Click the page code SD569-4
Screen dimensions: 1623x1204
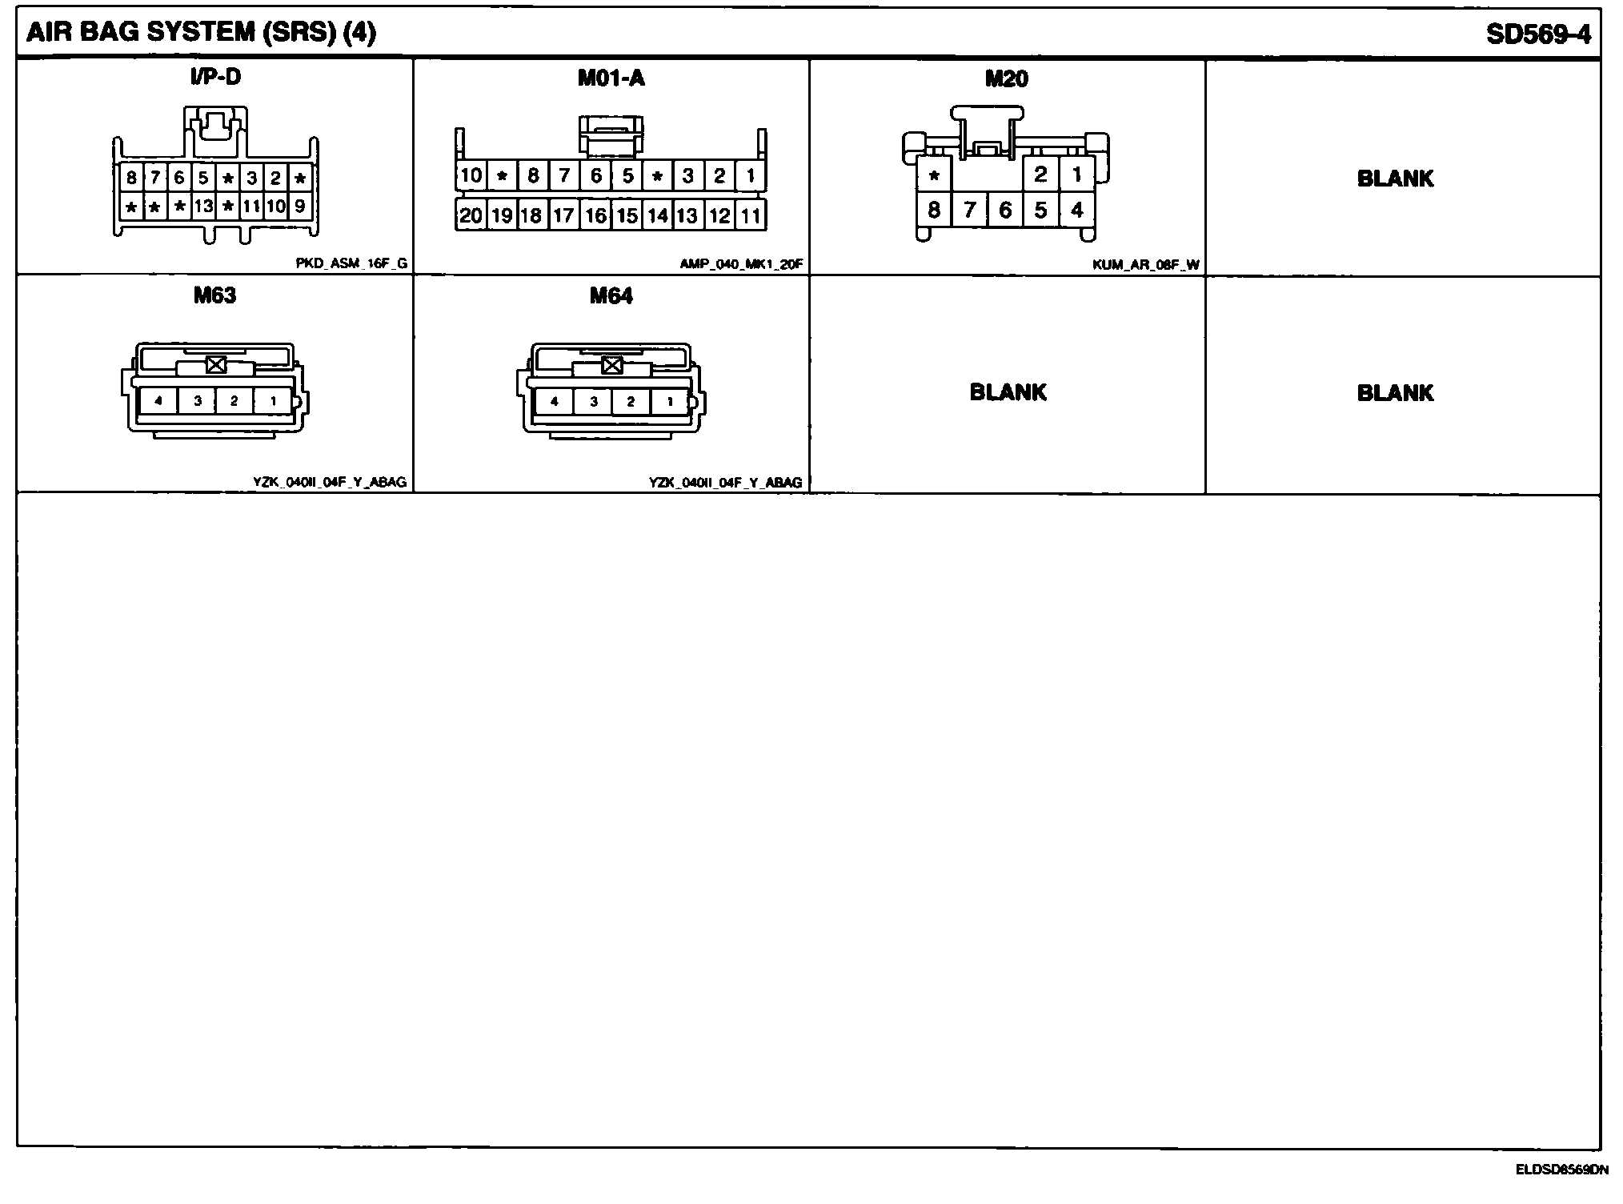(x=1538, y=34)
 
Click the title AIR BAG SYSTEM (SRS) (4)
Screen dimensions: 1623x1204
(x=201, y=33)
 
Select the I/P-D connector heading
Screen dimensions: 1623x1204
(x=215, y=77)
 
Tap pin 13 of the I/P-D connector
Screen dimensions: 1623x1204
(x=203, y=207)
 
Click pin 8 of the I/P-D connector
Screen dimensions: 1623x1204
(x=131, y=178)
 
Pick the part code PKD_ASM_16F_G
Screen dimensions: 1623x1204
(x=351, y=263)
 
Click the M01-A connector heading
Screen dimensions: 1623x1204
(x=611, y=78)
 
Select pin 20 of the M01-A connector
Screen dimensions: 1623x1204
(x=471, y=215)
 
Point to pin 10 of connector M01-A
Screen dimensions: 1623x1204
(x=471, y=175)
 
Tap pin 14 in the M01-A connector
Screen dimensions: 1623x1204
(x=657, y=215)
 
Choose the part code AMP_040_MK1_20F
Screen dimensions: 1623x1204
(x=741, y=263)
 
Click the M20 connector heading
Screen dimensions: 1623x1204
(x=1006, y=78)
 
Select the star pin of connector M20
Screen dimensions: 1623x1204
(x=934, y=175)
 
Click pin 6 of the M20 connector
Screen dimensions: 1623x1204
(x=1005, y=210)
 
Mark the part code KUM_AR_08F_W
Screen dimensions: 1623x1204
(x=1145, y=264)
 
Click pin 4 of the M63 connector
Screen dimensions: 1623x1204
(x=158, y=400)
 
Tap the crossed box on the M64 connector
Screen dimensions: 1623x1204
(x=612, y=365)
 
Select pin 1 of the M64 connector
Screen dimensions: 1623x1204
(x=670, y=401)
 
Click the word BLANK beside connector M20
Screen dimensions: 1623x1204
(x=1395, y=179)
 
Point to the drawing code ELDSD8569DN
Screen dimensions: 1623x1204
(x=1561, y=1170)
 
